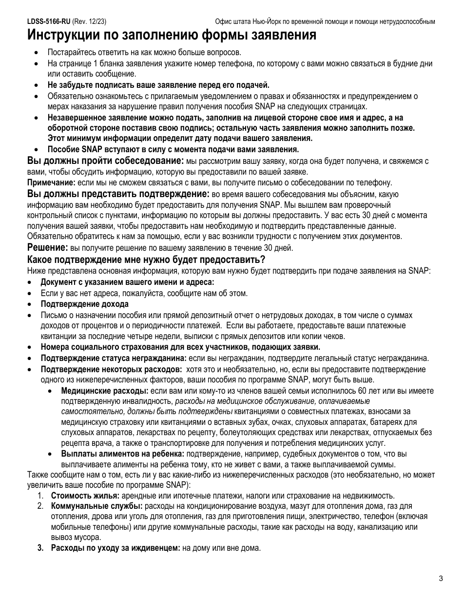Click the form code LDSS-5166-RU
pyautogui.click(x=49, y=22)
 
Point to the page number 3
pyautogui.click(x=441, y=579)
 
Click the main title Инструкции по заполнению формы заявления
pyautogui.click(x=172, y=36)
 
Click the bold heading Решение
pyautogui.click(x=48, y=247)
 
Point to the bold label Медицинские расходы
pyautogui.click(x=104, y=391)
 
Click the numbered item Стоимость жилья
pyautogui.click(x=85, y=496)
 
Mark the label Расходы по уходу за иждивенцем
pyautogui.click(x=116, y=548)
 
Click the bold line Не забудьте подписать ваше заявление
pyautogui.click(x=158, y=85)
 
